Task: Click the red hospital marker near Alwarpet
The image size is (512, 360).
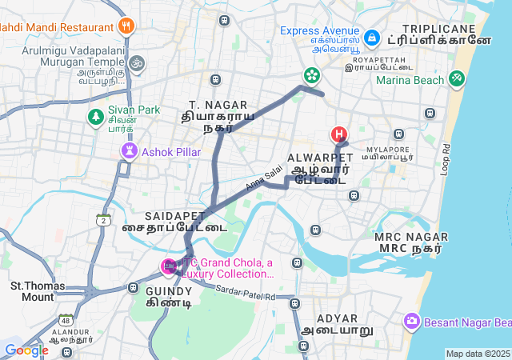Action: [x=339, y=134]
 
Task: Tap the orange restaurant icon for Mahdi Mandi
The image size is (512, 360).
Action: [x=125, y=27]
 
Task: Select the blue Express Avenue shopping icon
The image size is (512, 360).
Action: [x=371, y=38]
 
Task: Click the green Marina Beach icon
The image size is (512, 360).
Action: [x=457, y=79]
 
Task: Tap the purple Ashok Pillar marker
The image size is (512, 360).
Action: [x=129, y=151]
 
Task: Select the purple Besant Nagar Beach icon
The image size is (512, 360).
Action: [x=412, y=322]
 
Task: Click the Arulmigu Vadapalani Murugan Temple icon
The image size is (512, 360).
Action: [x=137, y=62]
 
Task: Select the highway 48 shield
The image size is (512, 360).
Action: [x=65, y=320]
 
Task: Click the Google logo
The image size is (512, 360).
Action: [x=26, y=350]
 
